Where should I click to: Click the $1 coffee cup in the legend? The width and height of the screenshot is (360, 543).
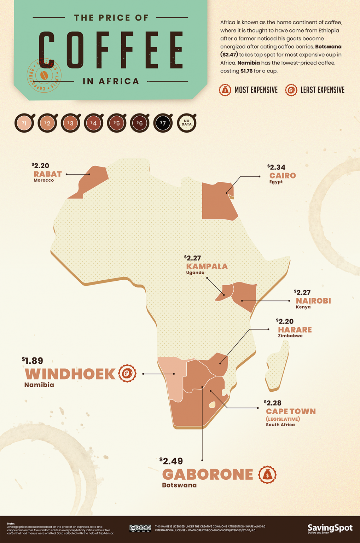click(x=24, y=123)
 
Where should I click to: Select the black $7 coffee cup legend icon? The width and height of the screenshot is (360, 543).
click(x=163, y=123)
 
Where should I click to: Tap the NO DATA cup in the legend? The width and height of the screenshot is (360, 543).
click(x=186, y=123)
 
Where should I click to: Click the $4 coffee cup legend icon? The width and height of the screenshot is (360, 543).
click(x=93, y=123)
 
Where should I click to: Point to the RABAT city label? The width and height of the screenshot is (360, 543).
click(x=48, y=174)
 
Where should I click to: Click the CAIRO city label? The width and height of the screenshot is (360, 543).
click(x=283, y=176)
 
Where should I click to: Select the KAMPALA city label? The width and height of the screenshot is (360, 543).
click(x=207, y=266)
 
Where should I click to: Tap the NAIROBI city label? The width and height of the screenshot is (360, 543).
click(x=313, y=301)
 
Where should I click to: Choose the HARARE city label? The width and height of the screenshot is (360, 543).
click(x=295, y=330)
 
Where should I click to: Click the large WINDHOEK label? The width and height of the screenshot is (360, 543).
click(x=70, y=374)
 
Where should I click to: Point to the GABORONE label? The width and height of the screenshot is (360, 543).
click(x=208, y=474)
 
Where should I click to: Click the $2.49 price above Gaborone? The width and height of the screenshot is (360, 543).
click(x=172, y=461)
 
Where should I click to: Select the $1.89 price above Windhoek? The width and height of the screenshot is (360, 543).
click(x=33, y=361)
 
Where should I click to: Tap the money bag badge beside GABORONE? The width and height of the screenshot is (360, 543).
click(x=267, y=475)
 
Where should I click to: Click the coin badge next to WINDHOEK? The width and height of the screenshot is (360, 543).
click(x=127, y=373)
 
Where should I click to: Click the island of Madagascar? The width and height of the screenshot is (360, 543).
click(x=278, y=368)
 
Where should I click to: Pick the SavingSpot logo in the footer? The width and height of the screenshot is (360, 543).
click(x=330, y=529)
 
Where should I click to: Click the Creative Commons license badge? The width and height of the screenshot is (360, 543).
click(x=140, y=528)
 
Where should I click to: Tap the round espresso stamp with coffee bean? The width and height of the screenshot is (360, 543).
click(x=44, y=75)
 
